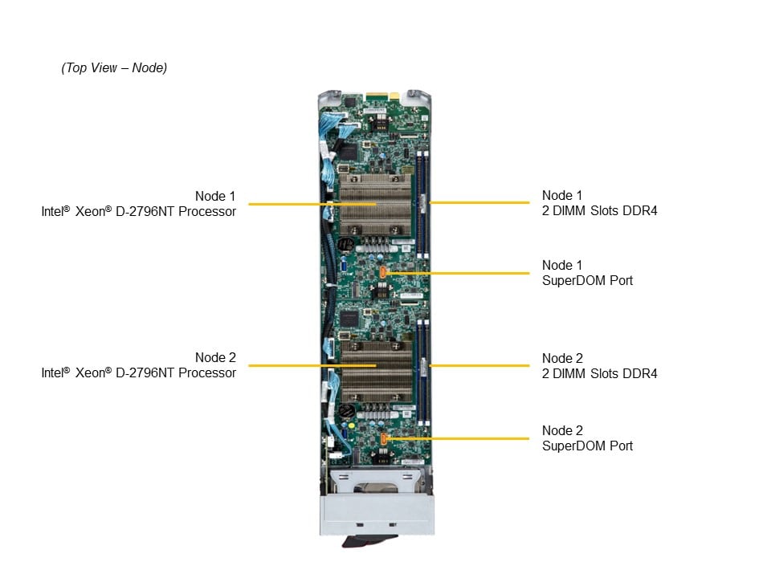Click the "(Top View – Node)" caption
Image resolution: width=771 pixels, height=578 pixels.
click(x=114, y=68)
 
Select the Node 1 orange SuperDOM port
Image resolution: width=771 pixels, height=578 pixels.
click(x=383, y=272)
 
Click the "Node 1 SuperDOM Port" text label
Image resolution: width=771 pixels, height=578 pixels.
click(x=587, y=273)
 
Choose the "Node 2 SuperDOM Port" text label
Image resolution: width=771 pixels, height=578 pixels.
click(x=587, y=438)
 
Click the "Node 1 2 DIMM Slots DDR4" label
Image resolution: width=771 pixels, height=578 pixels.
click(x=599, y=203)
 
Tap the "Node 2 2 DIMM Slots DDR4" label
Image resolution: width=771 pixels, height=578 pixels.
click(x=599, y=366)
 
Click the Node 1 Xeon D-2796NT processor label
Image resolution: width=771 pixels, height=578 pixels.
click(x=139, y=204)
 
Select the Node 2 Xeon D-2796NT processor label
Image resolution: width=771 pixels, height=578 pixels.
click(x=139, y=365)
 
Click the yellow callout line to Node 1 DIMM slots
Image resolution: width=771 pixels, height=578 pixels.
click(x=482, y=203)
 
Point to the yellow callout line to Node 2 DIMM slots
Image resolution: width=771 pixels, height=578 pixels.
click(x=482, y=366)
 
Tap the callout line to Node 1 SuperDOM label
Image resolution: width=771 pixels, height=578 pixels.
click(x=466, y=273)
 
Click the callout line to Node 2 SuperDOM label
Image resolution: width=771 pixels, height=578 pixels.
click(x=466, y=438)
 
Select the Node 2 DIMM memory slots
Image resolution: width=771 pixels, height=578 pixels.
click(x=423, y=369)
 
